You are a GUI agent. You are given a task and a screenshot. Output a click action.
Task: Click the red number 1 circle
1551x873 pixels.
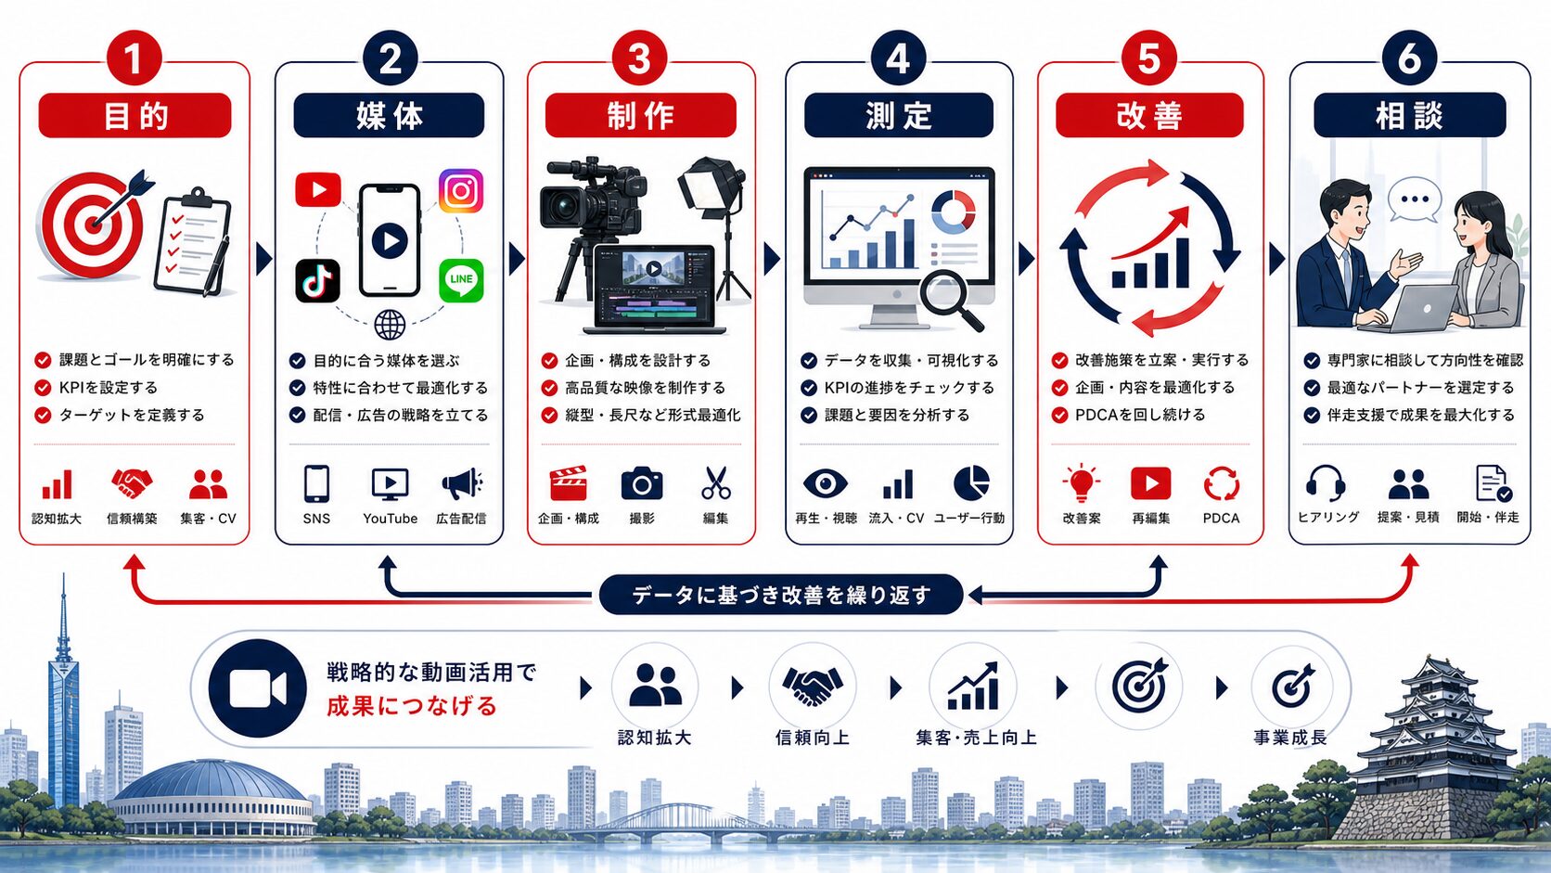[134, 58]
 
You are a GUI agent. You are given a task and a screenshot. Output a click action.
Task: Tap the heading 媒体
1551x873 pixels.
[389, 116]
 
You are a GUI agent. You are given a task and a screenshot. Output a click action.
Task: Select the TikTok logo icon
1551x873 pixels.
[318, 281]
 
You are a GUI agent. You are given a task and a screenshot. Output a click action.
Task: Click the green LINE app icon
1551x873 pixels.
[461, 279]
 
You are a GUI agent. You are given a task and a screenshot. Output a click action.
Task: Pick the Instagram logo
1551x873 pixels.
[461, 190]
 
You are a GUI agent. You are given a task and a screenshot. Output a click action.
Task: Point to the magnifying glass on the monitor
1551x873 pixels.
[950, 299]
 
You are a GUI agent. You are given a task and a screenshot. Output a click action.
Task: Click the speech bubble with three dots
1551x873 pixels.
[1415, 199]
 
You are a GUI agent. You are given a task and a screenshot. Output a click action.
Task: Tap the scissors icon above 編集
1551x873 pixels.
[715, 483]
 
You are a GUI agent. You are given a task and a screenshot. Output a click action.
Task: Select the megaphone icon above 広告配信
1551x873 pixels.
[462, 484]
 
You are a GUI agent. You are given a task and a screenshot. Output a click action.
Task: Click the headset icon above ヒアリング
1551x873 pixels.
[1326, 483]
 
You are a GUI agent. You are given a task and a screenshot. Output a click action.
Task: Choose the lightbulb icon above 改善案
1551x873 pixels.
[1081, 483]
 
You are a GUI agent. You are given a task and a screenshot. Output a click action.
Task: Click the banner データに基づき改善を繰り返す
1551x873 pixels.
[780, 595]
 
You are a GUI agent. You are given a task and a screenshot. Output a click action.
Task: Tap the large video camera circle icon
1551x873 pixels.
[258, 688]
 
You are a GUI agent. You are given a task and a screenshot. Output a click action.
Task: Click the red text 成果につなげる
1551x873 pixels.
[412, 706]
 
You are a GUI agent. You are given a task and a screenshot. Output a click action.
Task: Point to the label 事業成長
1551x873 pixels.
[1290, 738]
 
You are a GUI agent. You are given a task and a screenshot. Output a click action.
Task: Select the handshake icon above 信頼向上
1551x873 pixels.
[812, 687]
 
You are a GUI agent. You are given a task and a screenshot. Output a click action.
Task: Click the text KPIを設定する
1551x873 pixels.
[108, 388]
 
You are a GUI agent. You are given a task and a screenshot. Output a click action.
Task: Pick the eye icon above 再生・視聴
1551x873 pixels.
[825, 483]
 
